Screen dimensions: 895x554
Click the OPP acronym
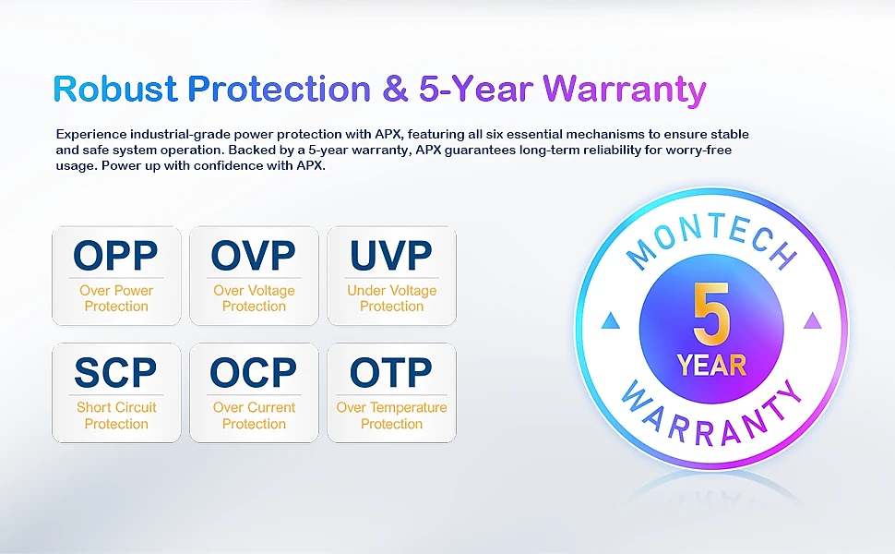click(116, 255)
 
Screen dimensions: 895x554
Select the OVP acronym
click(254, 255)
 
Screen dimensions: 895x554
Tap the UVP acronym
click(391, 255)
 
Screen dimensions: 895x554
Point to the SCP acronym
click(116, 372)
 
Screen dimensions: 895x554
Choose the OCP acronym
click(254, 372)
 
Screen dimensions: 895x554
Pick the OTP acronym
click(391, 372)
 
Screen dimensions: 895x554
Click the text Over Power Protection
click(116, 298)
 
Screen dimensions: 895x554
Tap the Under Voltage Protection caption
click(391, 298)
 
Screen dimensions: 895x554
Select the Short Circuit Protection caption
click(116, 415)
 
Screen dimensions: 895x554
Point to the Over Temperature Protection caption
click(391, 415)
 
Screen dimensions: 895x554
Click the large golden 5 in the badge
click(711, 314)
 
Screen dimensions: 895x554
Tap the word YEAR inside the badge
click(711, 366)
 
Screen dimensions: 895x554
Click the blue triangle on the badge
click(611, 321)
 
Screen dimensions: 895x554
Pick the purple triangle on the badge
click(812, 321)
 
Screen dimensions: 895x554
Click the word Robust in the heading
click(115, 89)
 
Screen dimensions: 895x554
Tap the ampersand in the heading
click(395, 89)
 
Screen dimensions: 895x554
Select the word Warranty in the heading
click(625, 90)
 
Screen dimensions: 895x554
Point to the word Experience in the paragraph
click(91, 135)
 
